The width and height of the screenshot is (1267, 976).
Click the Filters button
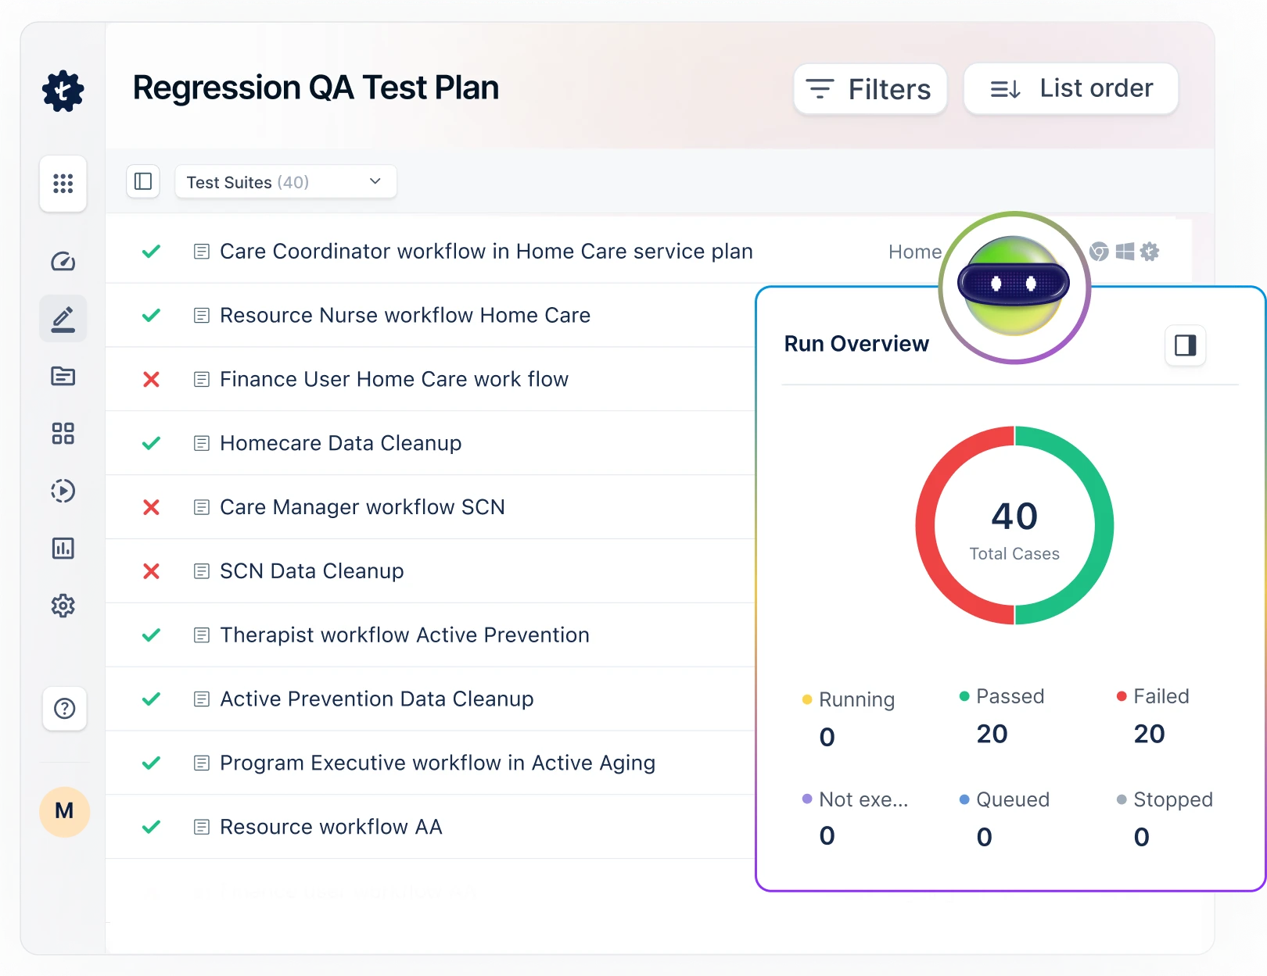coord(870,89)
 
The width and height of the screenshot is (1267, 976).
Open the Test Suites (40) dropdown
coord(285,182)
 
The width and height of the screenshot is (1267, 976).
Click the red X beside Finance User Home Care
coord(151,380)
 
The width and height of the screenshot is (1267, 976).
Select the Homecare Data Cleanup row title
coord(340,443)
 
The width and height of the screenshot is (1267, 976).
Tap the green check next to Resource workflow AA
coord(151,827)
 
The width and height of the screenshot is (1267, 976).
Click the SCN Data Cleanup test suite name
coord(311,571)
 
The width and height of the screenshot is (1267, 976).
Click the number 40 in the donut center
coord(1014,517)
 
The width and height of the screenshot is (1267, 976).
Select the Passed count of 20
coord(992,734)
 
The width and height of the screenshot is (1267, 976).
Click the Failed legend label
coord(1161,696)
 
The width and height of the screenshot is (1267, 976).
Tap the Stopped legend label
coord(1172,799)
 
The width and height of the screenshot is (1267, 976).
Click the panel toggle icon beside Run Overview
coord(1185,345)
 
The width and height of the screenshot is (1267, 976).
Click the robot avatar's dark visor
coord(1014,284)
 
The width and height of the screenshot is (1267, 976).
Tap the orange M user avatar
coord(64,811)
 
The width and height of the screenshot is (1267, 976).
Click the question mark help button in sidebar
coord(64,709)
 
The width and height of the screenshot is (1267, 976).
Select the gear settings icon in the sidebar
coord(63,606)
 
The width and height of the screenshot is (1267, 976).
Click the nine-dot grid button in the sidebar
coord(63,184)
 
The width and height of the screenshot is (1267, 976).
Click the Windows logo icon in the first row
coord(1125,252)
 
